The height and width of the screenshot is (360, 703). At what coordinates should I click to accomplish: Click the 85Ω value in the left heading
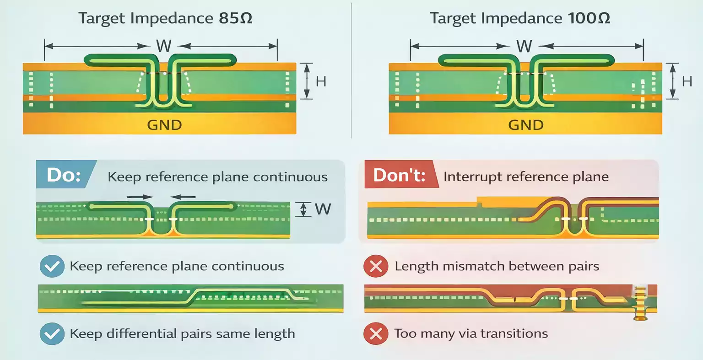click(x=236, y=18)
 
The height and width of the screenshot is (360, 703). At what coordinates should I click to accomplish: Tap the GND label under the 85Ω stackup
click(x=164, y=125)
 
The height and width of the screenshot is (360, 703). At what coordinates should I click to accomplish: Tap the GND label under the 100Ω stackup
click(x=525, y=125)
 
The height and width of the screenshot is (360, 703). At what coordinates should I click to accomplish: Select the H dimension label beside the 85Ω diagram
click(x=321, y=81)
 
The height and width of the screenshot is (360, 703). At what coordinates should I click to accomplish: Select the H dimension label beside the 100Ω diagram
click(x=687, y=81)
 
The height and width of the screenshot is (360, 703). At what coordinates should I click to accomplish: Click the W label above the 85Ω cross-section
click(x=164, y=46)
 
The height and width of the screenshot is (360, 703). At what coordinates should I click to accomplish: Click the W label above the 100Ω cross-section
click(x=524, y=46)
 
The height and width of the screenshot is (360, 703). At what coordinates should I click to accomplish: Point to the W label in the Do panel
click(x=323, y=210)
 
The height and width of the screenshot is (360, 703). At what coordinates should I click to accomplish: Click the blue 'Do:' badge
click(x=64, y=175)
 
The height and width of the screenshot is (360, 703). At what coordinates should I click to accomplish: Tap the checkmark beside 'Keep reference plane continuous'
click(x=52, y=266)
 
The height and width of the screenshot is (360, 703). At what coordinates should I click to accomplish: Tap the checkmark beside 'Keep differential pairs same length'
click(x=52, y=333)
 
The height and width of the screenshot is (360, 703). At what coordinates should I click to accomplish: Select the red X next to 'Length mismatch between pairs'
click(x=376, y=266)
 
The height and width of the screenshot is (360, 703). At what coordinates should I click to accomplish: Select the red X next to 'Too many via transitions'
click(x=376, y=333)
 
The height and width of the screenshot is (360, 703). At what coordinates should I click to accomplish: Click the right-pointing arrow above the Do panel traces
click(x=140, y=197)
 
